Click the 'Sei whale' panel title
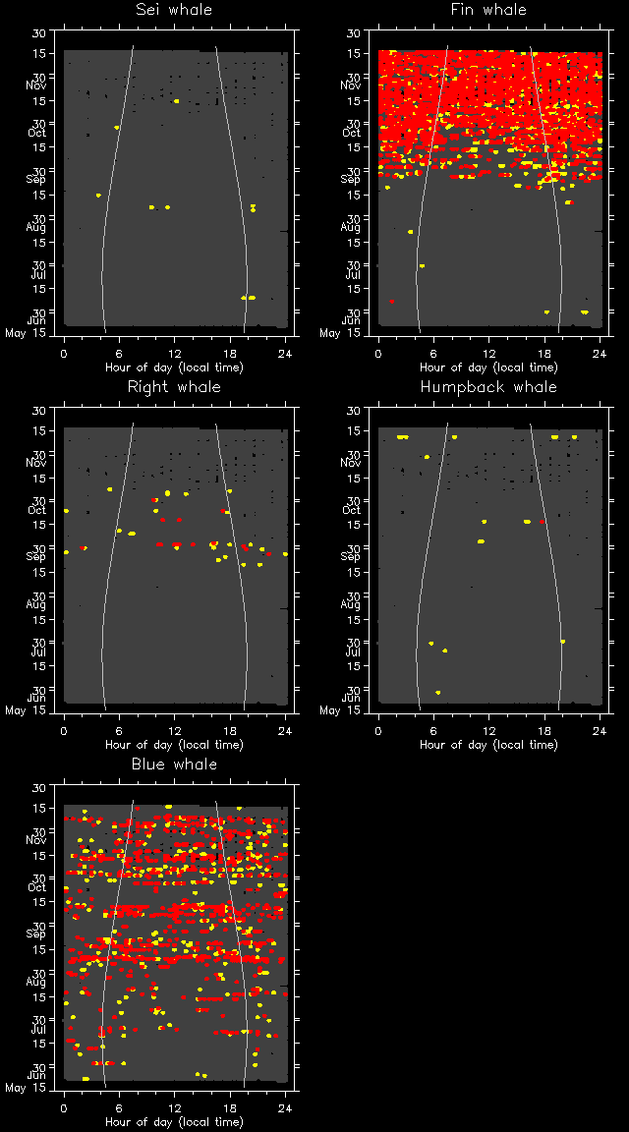point(174,10)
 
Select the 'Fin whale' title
point(488,10)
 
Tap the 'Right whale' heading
point(174,387)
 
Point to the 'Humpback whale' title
point(488,387)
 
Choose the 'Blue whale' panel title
point(174,764)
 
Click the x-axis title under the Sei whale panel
point(174,368)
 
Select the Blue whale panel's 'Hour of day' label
point(174,1122)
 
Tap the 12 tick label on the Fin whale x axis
point(489,354)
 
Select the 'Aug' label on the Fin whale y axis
point(350,228)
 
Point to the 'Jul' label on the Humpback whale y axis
point(349,651)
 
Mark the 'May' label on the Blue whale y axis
point(15,1088)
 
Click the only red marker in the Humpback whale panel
point(543,522)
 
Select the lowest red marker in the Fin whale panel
point(392,302)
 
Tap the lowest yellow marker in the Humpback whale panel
point(437,693)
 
